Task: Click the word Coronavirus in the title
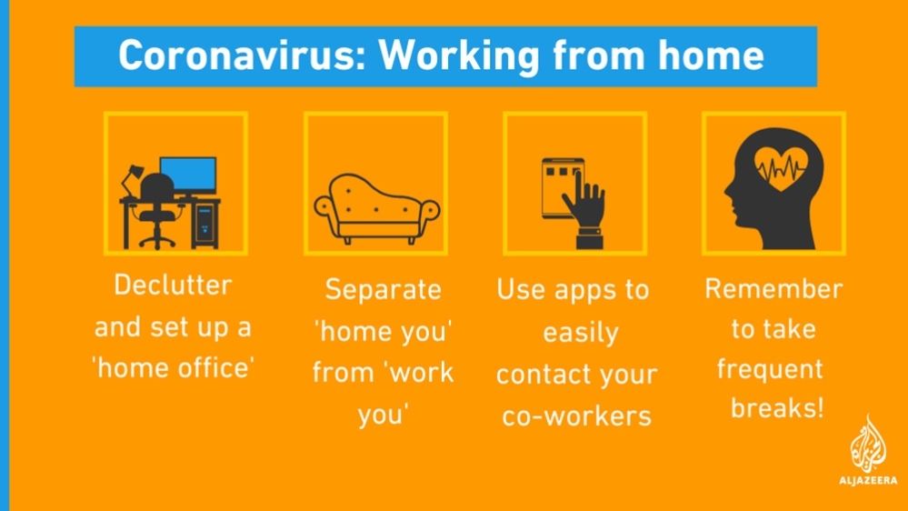click(242, 55)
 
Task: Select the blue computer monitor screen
click(188, 175)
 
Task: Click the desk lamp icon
click(132, 180)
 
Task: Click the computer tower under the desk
click(205, 225)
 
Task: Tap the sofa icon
click(377, 208)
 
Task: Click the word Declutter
click(173, 285)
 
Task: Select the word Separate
click(384, 290)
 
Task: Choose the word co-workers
click(577, 416)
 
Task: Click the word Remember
click(773, 288)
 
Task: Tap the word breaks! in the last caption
click(777, 407)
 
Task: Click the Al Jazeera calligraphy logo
click(868, 443)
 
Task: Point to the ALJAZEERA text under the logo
click(868, 480)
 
